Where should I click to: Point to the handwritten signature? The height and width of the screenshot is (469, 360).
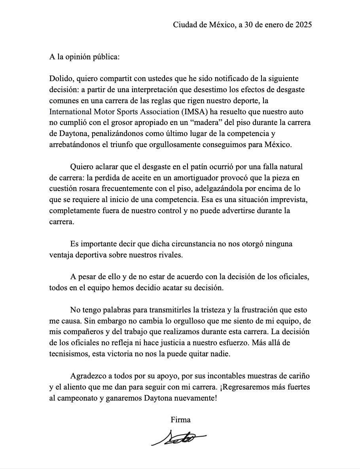(178, 438)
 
